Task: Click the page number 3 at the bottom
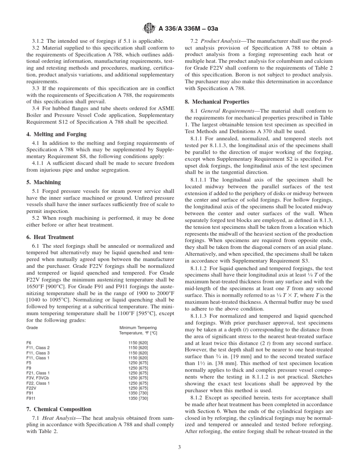coord(180,447)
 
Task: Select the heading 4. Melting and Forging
coord(56,134)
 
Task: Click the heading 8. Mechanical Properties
coord(217,102)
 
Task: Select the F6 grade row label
coord(29,342)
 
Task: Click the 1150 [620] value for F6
coord(138,342)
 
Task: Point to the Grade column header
coord(32,327)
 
